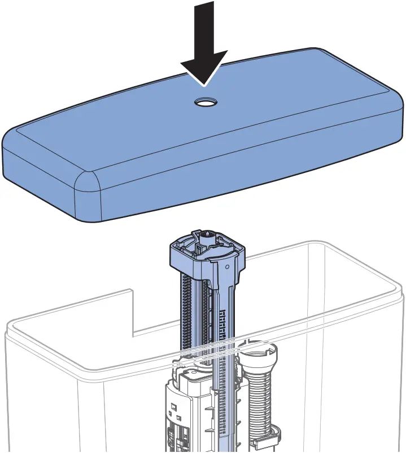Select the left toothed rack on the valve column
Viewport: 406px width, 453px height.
184,316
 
